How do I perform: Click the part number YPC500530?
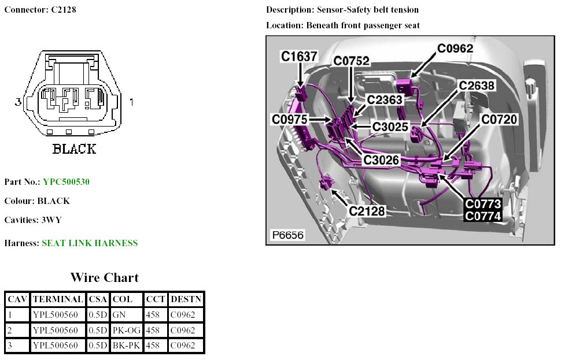click(66, 182)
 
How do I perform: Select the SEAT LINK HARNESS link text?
click(90, 243)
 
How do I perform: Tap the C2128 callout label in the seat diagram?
click(367, 211)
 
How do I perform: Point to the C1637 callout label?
click(299, 56)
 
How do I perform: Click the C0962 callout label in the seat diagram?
click(455, 49)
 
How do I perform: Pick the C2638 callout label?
click(477, 86)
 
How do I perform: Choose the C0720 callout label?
click(500, 120)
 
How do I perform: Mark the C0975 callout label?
click(290, 119)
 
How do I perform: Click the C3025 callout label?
click(390, 127)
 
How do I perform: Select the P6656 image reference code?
click(287, 235)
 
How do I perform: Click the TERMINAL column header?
click(58, 299)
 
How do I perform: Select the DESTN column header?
click(186, 299)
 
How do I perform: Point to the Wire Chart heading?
click(105, 277)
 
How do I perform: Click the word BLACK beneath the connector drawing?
click(74, 149)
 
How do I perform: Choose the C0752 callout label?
click(351, 61)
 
